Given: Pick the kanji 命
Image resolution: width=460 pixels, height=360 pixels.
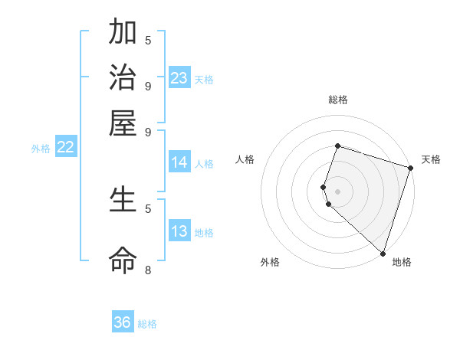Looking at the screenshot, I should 123,260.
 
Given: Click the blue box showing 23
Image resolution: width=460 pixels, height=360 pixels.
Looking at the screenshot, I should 179,78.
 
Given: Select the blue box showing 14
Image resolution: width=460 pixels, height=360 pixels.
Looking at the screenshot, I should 179,162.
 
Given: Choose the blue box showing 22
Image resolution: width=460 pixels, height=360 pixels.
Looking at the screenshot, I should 65,148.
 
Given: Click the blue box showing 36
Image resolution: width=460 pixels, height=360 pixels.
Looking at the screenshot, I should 123,322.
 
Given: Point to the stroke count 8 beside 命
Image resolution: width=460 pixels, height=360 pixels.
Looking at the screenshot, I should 147,270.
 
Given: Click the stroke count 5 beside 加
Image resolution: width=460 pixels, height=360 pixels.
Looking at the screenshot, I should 147,40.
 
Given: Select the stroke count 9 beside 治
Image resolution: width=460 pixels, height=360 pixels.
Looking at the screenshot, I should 147,85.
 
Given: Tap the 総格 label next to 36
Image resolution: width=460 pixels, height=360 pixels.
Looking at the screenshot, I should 147,324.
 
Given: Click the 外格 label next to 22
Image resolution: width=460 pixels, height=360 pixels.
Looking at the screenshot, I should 41,149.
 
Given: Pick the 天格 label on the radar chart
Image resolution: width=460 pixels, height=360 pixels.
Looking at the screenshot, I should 431,159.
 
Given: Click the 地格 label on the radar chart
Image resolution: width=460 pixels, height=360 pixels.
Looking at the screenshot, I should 402,263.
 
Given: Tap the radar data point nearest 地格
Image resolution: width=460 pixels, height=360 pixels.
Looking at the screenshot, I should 382,252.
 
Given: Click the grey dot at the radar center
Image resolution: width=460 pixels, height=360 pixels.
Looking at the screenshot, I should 337,191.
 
